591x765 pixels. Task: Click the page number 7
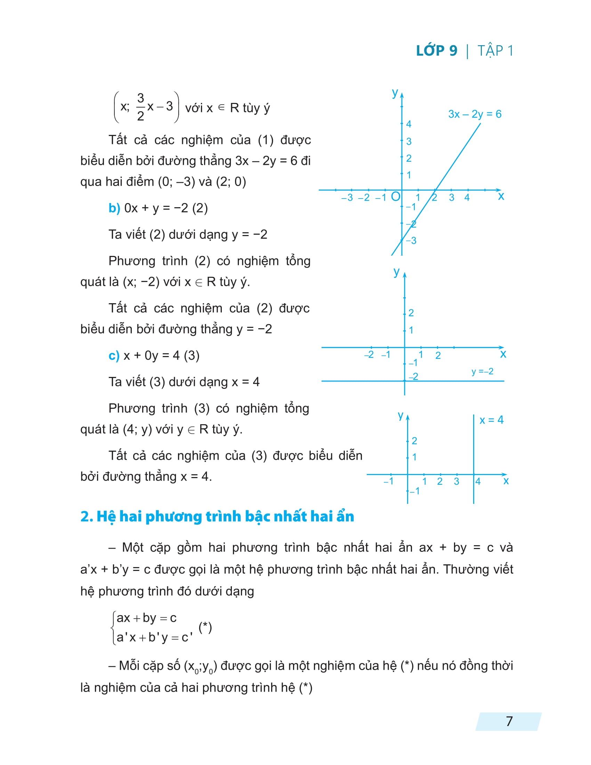(509, 721)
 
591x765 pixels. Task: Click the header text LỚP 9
(437, 51)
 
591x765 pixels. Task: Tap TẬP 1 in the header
(495, 51)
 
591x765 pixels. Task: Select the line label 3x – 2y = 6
(475, 114)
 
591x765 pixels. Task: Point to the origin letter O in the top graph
(395, 196)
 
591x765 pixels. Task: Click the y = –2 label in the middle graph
(482, 371)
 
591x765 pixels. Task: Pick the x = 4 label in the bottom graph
(491, 420)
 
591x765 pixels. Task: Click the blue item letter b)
(114, 208)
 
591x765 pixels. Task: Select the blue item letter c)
(114, 355)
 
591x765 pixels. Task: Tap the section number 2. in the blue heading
(86, 516)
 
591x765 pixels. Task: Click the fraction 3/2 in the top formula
(140, 107)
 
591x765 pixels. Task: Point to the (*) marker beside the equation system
(205, 627)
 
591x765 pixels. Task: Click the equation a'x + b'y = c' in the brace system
(154, 637)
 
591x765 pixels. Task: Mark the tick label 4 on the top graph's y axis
(408, 124)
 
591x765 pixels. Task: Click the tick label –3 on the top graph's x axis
(347, 198)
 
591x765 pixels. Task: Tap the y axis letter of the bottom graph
(401, 416)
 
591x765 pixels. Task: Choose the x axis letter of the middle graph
(503, 354)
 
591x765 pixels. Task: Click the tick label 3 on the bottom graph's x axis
(456, 482)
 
